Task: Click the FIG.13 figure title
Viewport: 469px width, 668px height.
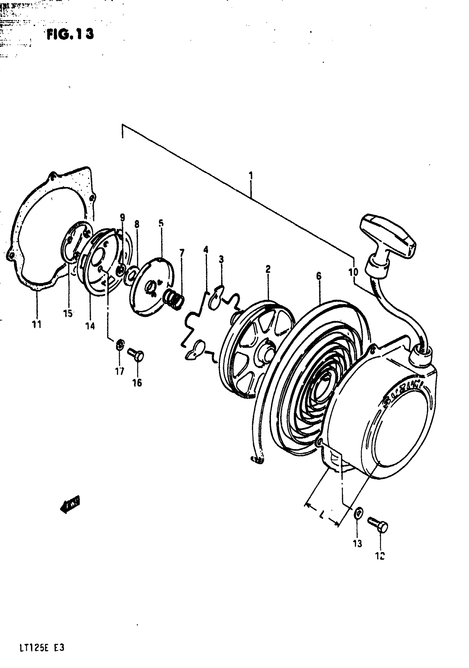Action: tap(70, 34)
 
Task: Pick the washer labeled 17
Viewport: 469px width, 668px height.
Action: tap(119, 345)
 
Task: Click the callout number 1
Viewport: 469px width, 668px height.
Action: tap(251, 176)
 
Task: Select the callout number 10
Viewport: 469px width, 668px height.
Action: tap(353, 272)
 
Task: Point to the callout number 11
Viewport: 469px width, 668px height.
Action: tap(37, 324)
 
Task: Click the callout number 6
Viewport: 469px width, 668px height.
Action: tap(319, 276)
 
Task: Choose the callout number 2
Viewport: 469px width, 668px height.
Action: tap(268, 269)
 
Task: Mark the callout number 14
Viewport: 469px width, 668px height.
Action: tap(90, 326)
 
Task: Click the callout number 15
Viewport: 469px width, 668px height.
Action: tap(68, 314)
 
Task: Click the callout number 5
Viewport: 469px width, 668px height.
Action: tap(161, 223)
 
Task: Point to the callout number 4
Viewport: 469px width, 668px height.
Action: tap(206, 250)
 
